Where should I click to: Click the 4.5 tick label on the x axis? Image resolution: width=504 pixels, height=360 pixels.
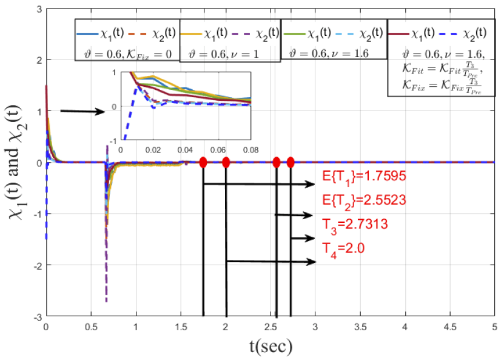pos(449,325)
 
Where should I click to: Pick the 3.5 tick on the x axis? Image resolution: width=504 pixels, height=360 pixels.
pos(360,325)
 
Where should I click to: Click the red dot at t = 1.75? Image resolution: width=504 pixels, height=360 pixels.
pos(203,162)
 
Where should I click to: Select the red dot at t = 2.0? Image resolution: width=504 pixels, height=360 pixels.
pos(226,162)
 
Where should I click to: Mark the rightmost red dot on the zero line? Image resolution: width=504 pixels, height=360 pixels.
pos(291,162)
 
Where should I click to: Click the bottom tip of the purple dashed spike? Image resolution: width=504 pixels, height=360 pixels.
pos(106,301)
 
